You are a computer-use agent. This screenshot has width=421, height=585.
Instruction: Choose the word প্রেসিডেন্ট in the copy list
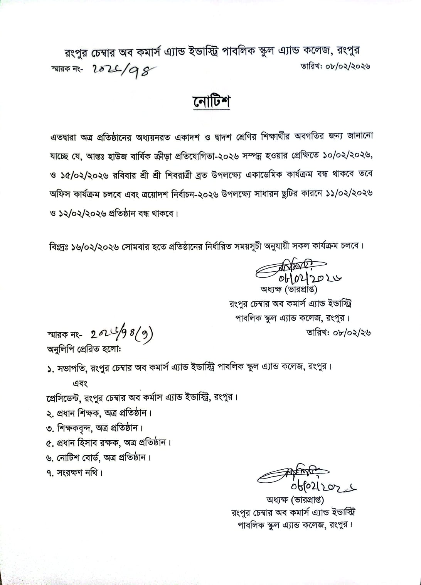(x=63, y=397)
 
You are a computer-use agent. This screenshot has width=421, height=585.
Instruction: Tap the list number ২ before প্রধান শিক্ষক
(x=49, y=413)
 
